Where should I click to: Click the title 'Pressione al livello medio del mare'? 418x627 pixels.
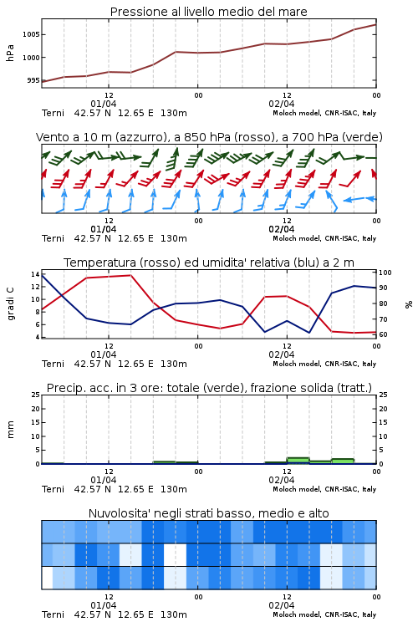(x=208, y=12)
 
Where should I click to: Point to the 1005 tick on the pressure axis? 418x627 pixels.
(x=31, y=34)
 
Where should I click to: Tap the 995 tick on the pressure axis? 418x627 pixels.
(x=33, y=80)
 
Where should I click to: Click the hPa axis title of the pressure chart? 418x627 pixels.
(x=10, y=53)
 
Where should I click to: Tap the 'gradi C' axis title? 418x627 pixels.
(x=10, y=304)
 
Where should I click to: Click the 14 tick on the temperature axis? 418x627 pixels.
(x=35, y=274)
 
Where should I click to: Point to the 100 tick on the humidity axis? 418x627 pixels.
(x=385, y=273)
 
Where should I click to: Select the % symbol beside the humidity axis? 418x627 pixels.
(x=409, y=304)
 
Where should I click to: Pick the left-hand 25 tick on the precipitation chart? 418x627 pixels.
(x=36, y=395)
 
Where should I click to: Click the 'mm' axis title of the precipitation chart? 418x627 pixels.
(x=10, y=430)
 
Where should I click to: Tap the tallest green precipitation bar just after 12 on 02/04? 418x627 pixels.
(x=298, y=461)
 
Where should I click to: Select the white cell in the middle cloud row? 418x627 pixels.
(x=176, y=555)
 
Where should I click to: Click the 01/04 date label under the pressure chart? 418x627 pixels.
(x=104, y=104)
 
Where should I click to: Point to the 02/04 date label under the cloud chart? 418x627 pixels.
(x=282, y=605)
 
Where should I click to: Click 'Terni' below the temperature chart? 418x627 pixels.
(x=53, y=364)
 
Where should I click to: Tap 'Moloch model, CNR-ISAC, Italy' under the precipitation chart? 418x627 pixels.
(x=324, y=489)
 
